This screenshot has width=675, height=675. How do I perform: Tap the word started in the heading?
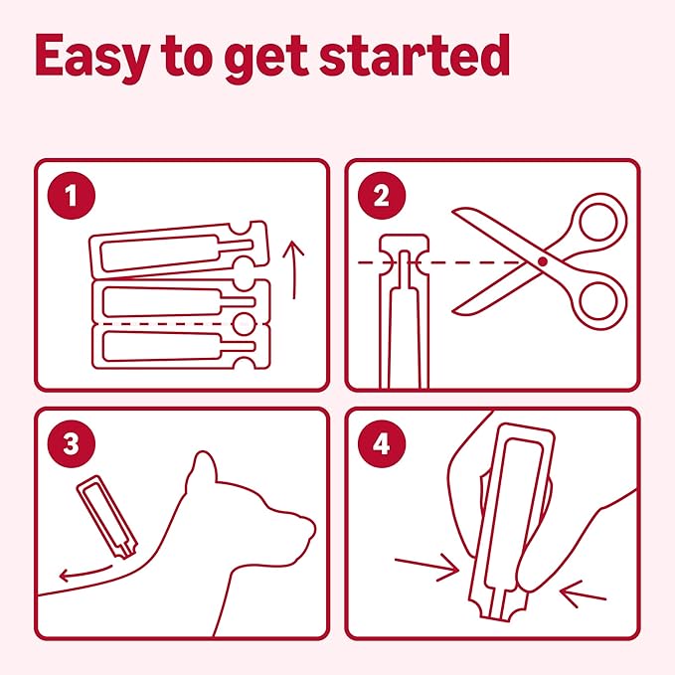click(x=415, y=55)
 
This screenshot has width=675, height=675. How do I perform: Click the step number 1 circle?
click(x=72, y=196)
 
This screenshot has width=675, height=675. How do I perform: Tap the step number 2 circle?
click(x=382, y=196)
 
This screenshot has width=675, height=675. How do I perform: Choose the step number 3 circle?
click(x=72, y=443)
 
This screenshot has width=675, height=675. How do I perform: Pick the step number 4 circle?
click(x=382, y=443)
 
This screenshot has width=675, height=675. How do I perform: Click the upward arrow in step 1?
click(x=294, y=270)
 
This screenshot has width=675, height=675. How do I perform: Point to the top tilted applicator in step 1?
click(x=180, y=250)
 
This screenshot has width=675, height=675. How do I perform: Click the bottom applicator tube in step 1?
click(x=182, y=347)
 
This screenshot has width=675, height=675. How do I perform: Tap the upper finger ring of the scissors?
click(x=598, y=223)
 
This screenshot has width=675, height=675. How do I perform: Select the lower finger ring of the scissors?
click(x=598, y=300)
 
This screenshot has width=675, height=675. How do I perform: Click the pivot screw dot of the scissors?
click(x=543, y=261)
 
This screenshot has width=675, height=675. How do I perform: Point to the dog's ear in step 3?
click(x=202, y=471)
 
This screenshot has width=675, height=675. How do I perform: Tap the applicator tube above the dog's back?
click(x=107, y=517)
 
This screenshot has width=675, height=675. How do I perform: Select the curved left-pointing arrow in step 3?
click(x=85, y=574)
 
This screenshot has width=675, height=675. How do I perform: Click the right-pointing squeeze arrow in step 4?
click(x=427, y=568)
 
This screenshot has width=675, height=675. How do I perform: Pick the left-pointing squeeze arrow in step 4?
click(x=583, y=593)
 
